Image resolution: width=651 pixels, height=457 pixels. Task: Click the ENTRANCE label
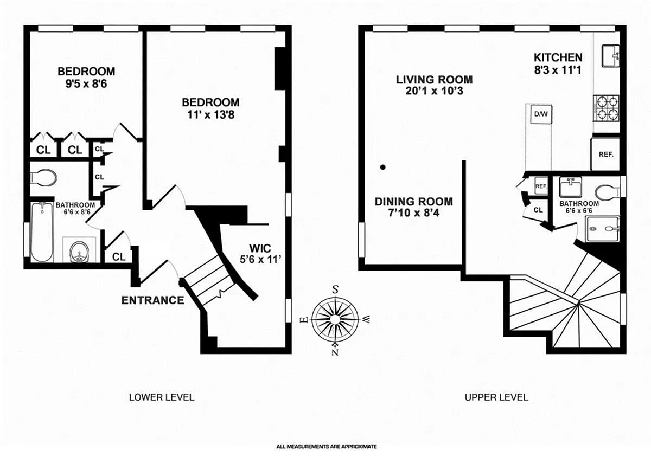pyautogui.click(x=152, y=300)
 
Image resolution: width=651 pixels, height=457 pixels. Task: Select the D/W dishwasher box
pyautogui.click(x=540, y=114)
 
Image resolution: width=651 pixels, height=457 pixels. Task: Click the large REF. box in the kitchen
pyautogui.click(x=605, y=154)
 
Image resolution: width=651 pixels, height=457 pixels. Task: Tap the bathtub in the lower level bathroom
pyautogui.click(x=41, y=233)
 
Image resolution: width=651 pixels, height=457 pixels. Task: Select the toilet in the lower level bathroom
pyautogui.click(x=43, y=177)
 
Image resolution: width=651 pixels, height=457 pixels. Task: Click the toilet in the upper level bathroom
pyautogui.click(x=608, y=192)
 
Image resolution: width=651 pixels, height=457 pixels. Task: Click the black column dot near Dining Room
pyautogui.click(x=382, y=168)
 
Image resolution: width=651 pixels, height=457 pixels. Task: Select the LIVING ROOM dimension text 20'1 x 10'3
pyautogui.click(x=434, y=91)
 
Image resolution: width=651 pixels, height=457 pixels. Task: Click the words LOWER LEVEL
pyautogui.click(x=161, y=397)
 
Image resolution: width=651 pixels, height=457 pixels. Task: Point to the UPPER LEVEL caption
pyautogui.click(x=496, y=397)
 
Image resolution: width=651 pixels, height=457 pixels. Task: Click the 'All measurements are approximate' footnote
pyautogui.click(x=326, y=447)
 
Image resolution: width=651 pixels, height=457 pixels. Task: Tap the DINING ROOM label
pyautogui.click(x=413, y=202)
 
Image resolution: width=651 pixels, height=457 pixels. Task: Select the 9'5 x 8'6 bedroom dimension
pyautogui.click(x=86, y=84)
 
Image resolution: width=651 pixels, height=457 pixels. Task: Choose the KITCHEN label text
pyautogui.click(x=558, y=57)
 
